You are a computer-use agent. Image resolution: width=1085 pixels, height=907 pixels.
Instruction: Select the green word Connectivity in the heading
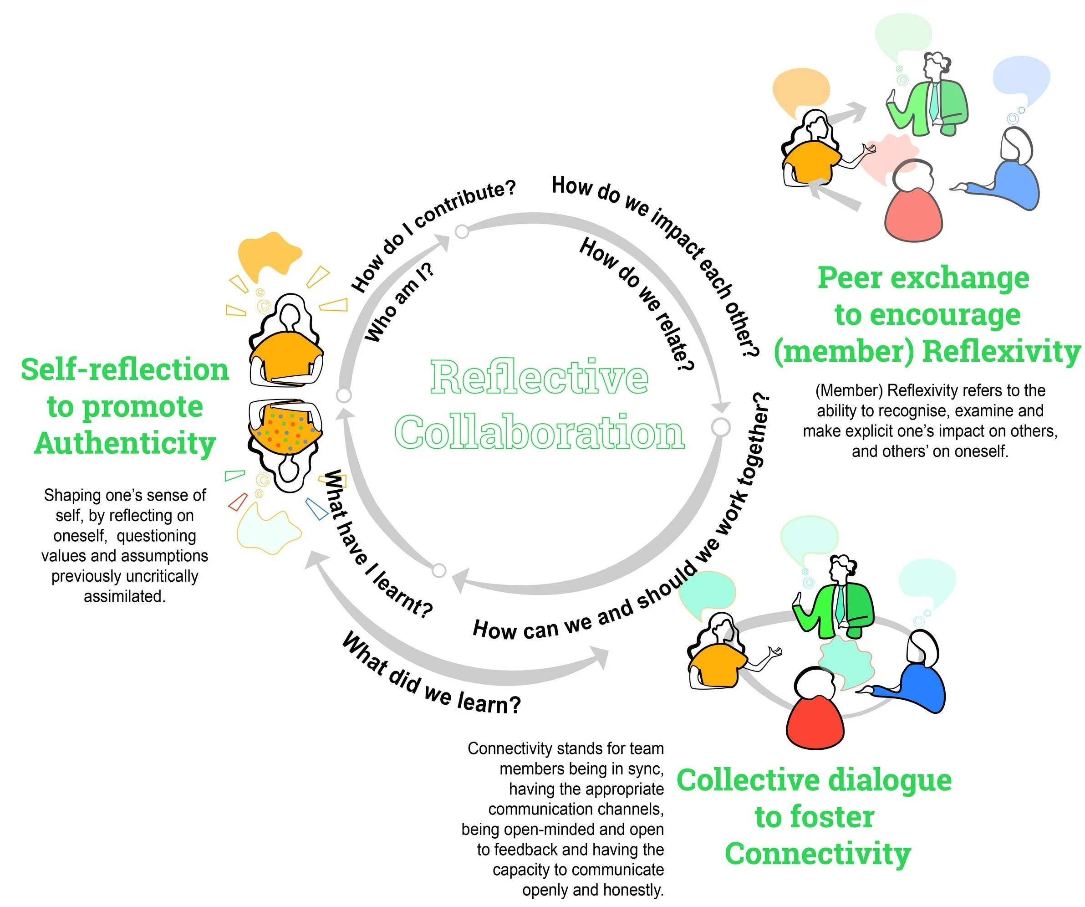coord(817,854)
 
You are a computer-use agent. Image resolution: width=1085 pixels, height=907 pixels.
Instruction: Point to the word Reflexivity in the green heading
coord(1001,352)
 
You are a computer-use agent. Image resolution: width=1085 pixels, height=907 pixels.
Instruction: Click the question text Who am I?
coord(399,303)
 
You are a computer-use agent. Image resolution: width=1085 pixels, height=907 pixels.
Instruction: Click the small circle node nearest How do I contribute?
coord(462,231)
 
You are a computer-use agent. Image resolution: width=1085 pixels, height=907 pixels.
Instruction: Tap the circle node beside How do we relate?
coord(721,427)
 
